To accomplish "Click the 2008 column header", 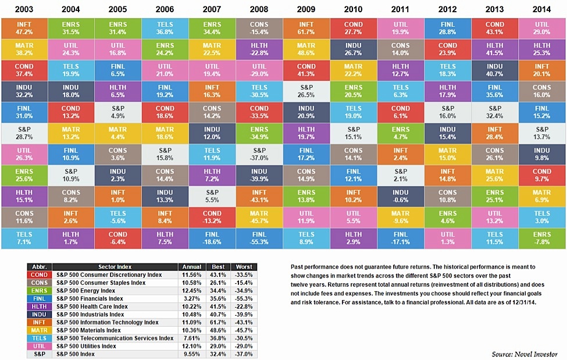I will point(259,9).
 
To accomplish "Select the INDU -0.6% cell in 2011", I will point(401,194).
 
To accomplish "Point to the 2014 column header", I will point(542,9).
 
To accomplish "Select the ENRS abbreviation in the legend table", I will point(40,290).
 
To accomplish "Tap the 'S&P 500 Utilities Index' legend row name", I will point(85,346).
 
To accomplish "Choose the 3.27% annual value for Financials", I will point(191,298).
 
